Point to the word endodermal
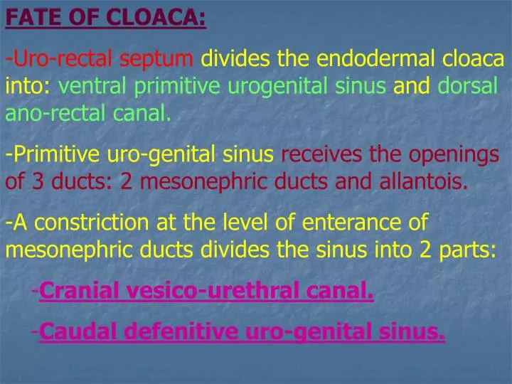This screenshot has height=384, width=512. point(370,59)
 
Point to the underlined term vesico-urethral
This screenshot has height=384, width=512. point(213,291)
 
